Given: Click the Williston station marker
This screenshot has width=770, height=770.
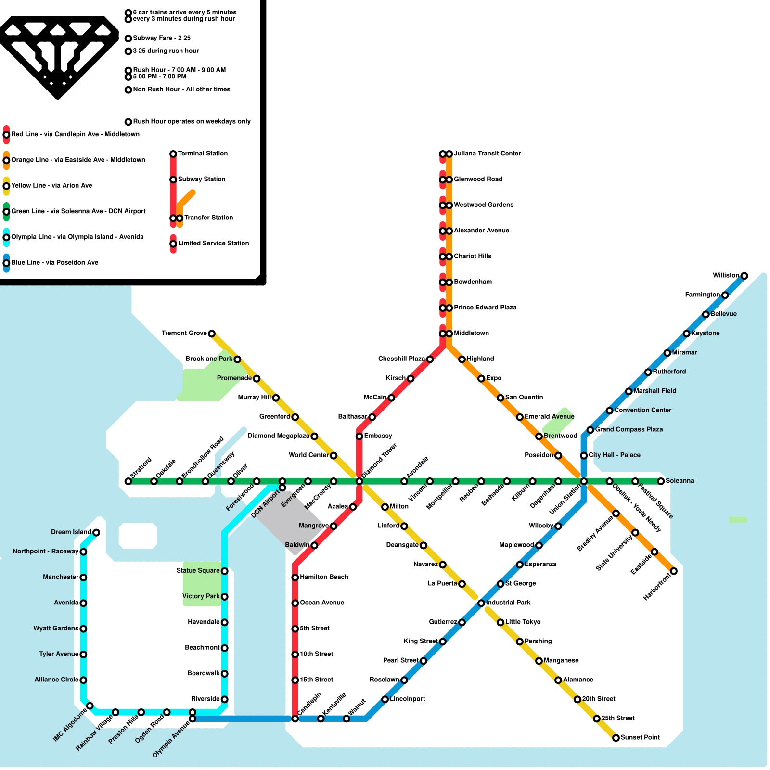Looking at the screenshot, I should click(x=744, y=276).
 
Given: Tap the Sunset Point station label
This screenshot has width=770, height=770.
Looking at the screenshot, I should click(x=640, y=737).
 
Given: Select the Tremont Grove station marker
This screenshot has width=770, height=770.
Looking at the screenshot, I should click(x=211, y=334).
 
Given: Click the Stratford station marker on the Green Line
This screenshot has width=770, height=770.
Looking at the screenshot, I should click(x=128, y=481).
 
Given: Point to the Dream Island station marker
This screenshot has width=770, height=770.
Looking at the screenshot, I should click(x=96, y=532).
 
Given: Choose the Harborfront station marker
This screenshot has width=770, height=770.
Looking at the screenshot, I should click(x=674, y=571).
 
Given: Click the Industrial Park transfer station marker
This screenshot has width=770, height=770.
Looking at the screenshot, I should click(x=481, y=603).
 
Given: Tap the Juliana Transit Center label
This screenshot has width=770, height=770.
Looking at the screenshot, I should click(x=487, y=154).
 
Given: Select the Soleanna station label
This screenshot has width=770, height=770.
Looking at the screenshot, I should click(x=680, y=481).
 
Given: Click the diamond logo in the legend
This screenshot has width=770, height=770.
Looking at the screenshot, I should click(x=58, y=55).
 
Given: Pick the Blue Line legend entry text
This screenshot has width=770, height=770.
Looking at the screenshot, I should click(x=55, y=262).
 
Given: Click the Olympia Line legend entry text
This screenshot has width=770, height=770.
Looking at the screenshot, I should click(x=77, y=237).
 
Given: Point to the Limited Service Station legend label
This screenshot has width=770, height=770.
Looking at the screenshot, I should click(x=213, y=243).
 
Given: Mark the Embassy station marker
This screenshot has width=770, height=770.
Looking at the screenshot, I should click(x=359, y=436).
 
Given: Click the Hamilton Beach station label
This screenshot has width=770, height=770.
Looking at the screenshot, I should click(x=324, y=577).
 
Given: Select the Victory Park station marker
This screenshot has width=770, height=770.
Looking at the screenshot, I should click(x=224, y=597).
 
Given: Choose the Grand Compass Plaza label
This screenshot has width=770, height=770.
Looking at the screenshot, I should click(x=629, y=429).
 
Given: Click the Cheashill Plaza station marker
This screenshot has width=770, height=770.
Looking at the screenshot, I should click(x=430, y=359).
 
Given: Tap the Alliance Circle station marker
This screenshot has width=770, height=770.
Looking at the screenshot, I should click(x=83, y=680).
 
